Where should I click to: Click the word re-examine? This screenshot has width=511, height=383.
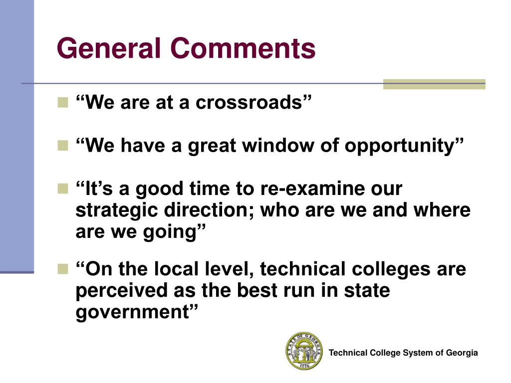click(310, 189)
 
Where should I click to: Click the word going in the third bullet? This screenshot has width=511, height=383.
click(174, 232)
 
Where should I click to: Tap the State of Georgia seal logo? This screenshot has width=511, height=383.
click(304, 351)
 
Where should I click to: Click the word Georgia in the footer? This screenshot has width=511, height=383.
click(462, 353)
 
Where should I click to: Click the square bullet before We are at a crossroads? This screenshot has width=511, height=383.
click(63, 103)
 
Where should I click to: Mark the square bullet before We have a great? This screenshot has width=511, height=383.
click(63, 146)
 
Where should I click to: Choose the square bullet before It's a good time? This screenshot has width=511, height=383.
click(63, 189)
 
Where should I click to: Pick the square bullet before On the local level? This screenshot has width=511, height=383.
click(63, 269)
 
